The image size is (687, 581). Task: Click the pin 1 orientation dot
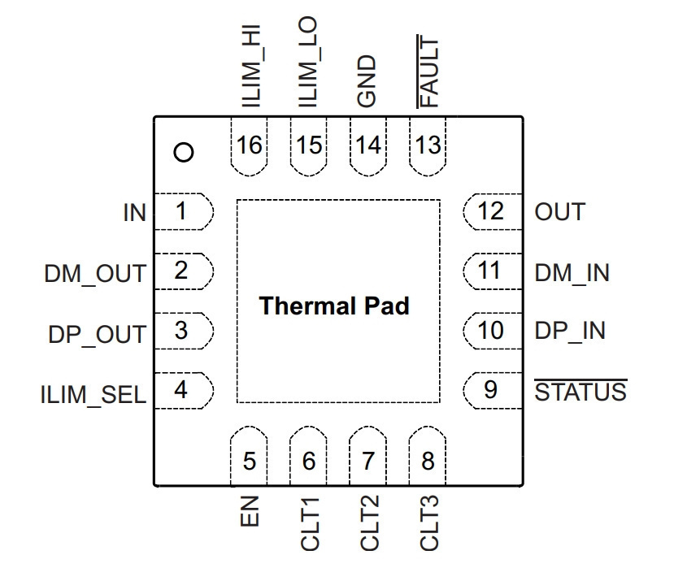(184, 153)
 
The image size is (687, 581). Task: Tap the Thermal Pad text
(334, 306)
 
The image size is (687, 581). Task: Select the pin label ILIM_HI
(252, 66)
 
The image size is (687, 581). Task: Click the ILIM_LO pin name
(307, 62)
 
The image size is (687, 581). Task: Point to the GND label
(367, 81)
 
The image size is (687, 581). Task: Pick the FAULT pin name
(428, 72)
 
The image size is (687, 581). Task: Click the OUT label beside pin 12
(559, 212)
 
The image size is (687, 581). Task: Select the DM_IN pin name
(572, 273)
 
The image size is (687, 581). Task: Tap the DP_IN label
(570, 331)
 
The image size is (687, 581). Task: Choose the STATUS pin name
(580, 391)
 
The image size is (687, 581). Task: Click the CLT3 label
(429, 523)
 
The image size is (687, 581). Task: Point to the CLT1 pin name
(310, 523)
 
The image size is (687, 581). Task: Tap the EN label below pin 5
(250, 511)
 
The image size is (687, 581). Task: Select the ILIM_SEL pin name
(93, 395)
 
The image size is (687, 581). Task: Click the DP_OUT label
(97, 335)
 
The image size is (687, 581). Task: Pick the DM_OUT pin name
(95, 274)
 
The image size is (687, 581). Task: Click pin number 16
(249, 145)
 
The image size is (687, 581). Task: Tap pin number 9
(490, 390)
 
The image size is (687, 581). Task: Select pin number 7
(368, 461)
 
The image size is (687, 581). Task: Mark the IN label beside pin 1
(134, 213)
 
